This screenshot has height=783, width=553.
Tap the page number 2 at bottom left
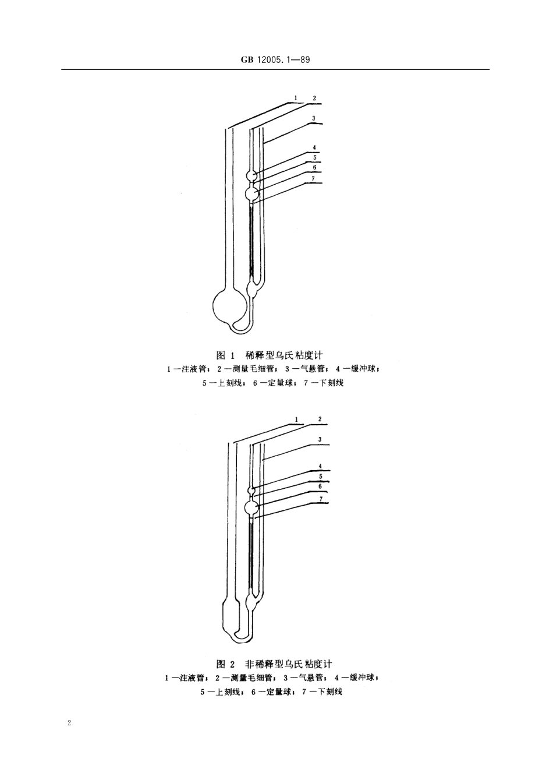69,723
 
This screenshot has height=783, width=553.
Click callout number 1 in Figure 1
296,98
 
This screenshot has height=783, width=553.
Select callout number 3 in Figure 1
314,118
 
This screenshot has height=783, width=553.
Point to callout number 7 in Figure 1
314,178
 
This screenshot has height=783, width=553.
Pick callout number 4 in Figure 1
314,147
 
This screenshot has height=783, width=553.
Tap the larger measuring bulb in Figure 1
252,192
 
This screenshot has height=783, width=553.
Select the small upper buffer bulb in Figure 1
251,175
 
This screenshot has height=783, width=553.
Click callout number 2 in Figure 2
320,419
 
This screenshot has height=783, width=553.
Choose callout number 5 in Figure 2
320,476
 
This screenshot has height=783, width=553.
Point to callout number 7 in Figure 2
320,498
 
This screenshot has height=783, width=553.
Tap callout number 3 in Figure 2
320,439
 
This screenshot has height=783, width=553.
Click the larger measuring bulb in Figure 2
252,507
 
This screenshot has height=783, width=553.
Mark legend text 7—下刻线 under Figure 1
324,383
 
